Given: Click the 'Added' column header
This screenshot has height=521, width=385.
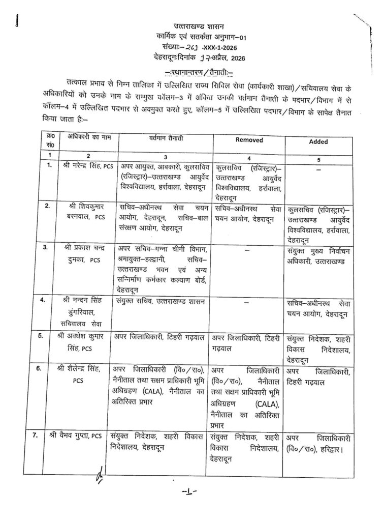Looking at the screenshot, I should click(x=318, y=141).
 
